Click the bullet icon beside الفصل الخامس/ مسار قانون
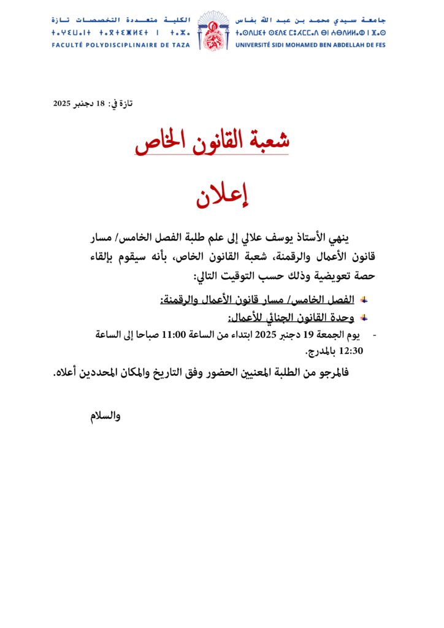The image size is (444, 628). coord(364,300)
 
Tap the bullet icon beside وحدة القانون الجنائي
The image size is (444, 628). coord(364,318)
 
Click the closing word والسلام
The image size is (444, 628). coord(105,416)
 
